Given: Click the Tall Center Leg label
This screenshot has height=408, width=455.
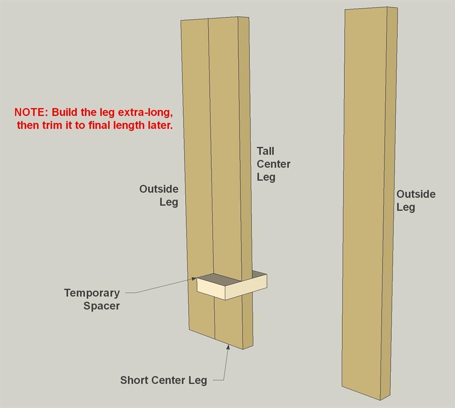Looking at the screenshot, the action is point(273,164).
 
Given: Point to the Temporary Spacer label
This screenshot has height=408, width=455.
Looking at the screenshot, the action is point(92,299).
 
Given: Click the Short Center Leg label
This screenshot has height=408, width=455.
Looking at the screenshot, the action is point(164,380).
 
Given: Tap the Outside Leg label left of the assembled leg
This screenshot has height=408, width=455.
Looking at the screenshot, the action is point(159,196).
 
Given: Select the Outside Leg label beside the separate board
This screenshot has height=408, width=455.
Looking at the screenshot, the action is point(416,201).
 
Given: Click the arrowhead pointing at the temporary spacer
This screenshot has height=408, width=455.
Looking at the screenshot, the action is point(194,278).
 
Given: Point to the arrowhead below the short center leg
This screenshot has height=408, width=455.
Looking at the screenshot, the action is point(228,347).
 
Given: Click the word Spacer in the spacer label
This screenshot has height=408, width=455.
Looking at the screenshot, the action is point(102,306).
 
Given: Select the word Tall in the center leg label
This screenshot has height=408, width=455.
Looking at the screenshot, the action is point(265,151).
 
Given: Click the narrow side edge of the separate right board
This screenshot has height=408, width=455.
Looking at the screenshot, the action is point(389,203).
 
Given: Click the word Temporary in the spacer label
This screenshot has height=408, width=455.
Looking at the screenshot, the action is point(92,293).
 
